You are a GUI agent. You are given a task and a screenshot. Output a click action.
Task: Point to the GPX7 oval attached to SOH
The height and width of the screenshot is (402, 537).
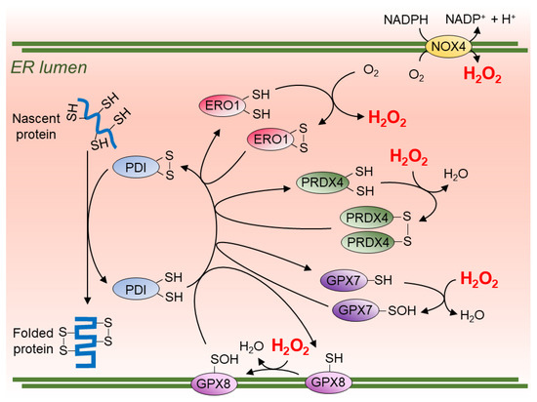[x=355, y=312]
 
